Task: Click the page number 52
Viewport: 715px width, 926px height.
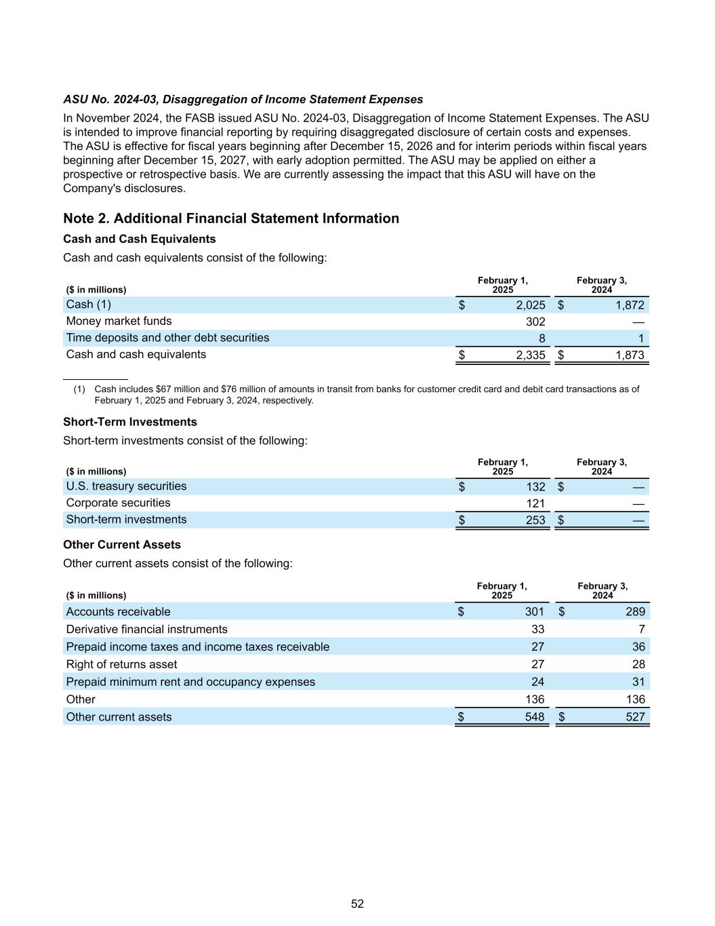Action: [x=357, y=904]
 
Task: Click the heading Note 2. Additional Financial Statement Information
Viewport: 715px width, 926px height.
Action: [x=231, y=218]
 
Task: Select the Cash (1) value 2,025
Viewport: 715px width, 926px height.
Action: [x=530, y=305]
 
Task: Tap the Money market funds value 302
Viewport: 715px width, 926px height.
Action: [x=535, y=322]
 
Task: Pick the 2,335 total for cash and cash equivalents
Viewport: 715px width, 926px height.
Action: [x=530, y=355]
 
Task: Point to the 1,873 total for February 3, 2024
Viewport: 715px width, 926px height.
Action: [x=630, y=355]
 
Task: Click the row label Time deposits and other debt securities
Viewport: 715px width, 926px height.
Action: [x=167, y=338]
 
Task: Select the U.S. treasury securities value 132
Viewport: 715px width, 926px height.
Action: [x=535, y=486]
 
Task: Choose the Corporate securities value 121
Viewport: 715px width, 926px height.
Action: [x=535, y=503]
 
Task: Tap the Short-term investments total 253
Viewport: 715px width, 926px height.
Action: [x=535, y=520]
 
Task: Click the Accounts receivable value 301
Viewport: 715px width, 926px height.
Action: [x=534, y=612]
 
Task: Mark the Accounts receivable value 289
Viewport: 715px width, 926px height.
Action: [x=635, y=612]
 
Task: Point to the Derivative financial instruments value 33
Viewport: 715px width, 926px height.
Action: [x=537, y=630]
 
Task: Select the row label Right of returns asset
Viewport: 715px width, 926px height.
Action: [x=121, y=664]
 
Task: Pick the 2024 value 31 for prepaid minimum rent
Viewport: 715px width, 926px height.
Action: [x=638, y=682]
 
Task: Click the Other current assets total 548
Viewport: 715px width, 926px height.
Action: [x=534, y=717]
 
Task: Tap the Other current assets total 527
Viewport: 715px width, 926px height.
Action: [x=635, y=717]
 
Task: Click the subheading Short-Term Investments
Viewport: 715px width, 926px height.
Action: [x=130, y=422]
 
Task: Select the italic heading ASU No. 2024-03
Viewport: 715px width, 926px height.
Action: [x=243, y=100]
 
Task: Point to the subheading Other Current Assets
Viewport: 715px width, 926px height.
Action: [x=122, y=545]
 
